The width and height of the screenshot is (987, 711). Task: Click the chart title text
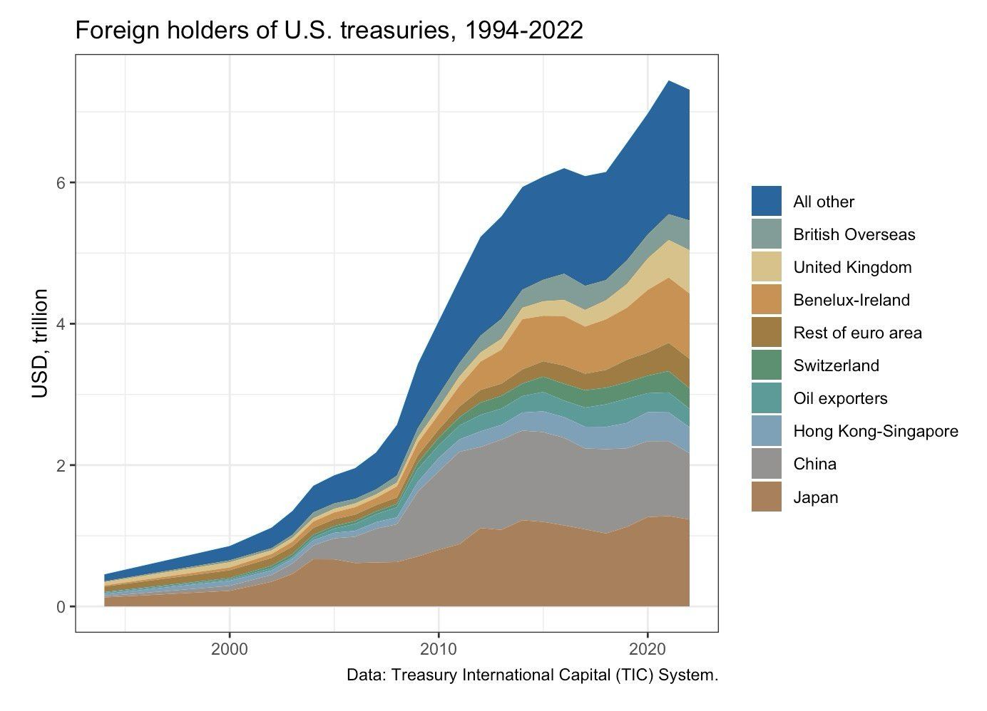(329, 30)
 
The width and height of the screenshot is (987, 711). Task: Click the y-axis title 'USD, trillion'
(41, 343)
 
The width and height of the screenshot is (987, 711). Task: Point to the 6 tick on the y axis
(61, 182)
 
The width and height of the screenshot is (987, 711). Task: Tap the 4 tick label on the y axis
(61, 323)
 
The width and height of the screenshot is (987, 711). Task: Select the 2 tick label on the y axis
(61, 465)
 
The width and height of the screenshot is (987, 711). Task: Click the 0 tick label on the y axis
(61, 607)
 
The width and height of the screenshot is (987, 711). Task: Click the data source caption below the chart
(532, 675)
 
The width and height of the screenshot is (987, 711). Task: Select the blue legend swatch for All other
(767, 202)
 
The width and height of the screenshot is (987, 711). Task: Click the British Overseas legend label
(854, 234)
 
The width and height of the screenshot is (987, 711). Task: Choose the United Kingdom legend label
(852, 267)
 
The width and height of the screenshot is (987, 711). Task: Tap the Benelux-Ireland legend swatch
(767, 300)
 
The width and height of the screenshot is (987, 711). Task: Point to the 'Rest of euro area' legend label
(857, 333)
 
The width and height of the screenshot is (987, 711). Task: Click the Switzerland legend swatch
(767, 365)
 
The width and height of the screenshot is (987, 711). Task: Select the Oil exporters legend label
(840, 398)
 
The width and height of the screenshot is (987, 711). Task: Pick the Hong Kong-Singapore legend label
(875, 431)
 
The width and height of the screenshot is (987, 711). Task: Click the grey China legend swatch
(767, 464)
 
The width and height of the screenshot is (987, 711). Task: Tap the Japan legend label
(815, 497)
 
